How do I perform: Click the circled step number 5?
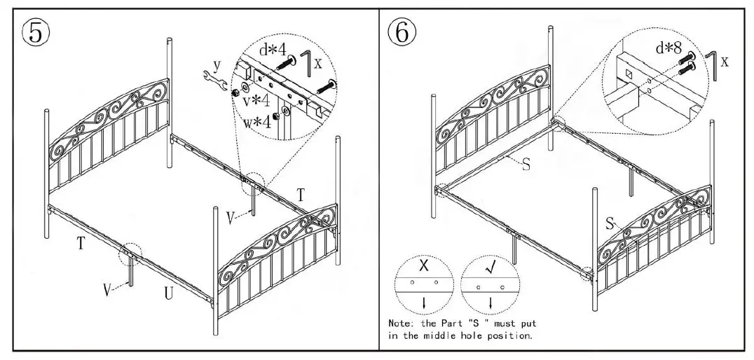(x=36, y=32)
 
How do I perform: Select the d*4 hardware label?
(x=272, y=50)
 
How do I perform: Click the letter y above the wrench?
(x=217, y=64)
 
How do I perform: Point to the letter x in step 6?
(x=724, y=61)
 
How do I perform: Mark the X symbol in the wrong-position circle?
(x=423, y=267)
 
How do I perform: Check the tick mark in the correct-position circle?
(x=490, y=267)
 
